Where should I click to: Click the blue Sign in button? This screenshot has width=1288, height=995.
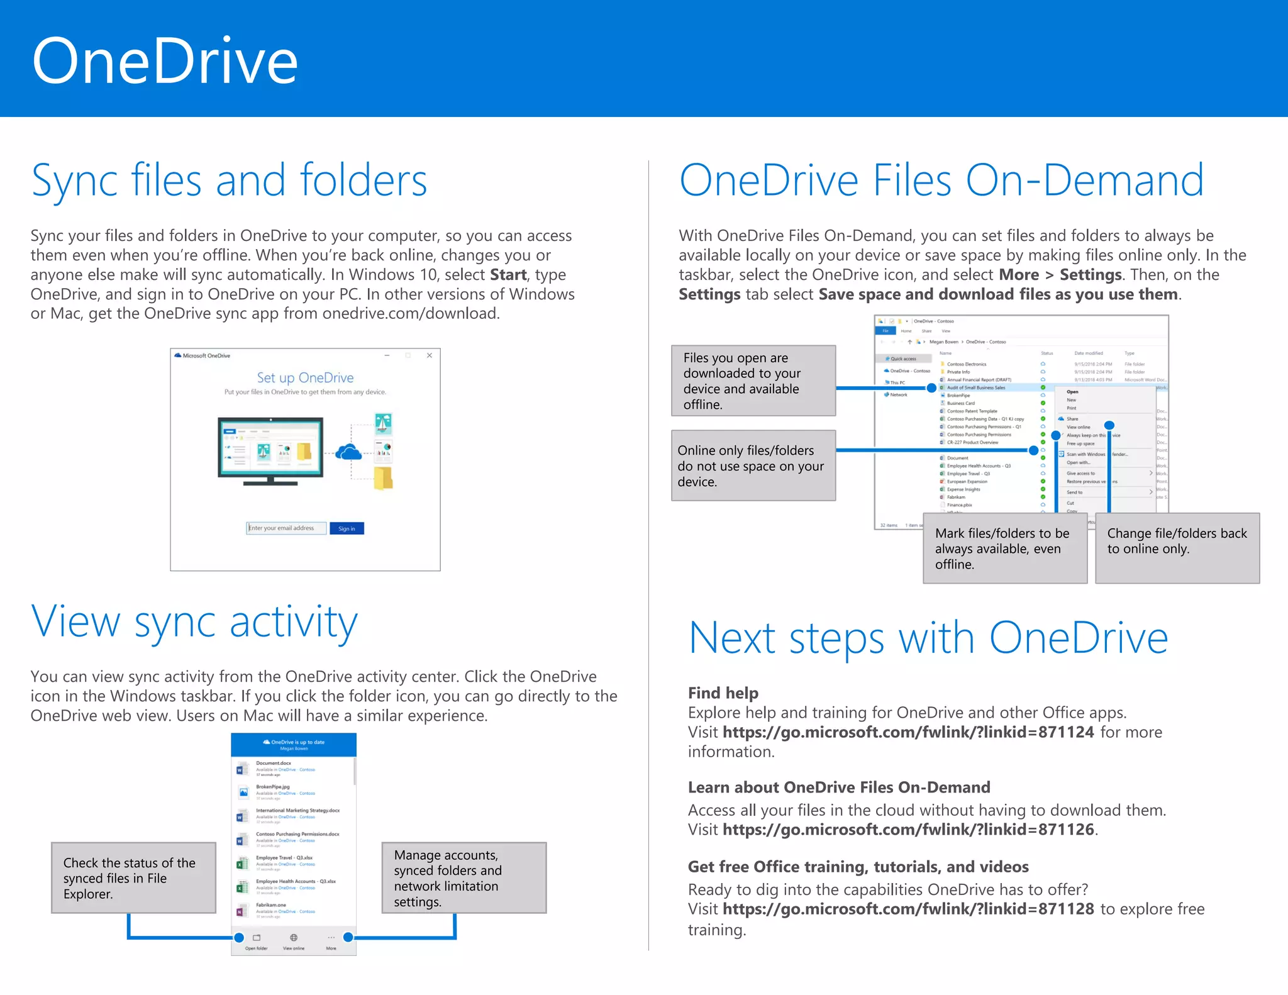coord(347,528)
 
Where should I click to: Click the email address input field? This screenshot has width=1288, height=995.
coord(286,528)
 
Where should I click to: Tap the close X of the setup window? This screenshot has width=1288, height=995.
coord(430,355)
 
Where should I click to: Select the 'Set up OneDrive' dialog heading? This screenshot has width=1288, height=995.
coord(305,377)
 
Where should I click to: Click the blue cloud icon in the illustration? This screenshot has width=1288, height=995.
coord(348,452)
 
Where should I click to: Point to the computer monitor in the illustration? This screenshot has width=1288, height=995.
coord(270,448)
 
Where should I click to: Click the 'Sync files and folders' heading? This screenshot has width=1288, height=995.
coord(229,181)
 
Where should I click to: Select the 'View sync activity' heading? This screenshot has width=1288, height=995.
coord(194,621)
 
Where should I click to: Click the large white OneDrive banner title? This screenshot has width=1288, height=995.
coord(165,61)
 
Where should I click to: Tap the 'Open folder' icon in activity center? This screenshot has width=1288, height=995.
coord(256,938)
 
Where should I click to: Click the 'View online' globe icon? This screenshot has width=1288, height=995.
coord(293,938)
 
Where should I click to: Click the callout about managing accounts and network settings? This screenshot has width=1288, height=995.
coord(464,878)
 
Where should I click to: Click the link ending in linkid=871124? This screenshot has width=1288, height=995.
coord(908,732)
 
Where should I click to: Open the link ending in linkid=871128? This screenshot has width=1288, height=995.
coord(908,909)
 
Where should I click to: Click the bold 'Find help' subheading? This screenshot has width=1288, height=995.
coord(723,692)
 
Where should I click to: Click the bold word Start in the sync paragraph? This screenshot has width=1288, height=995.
coord(508,275)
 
